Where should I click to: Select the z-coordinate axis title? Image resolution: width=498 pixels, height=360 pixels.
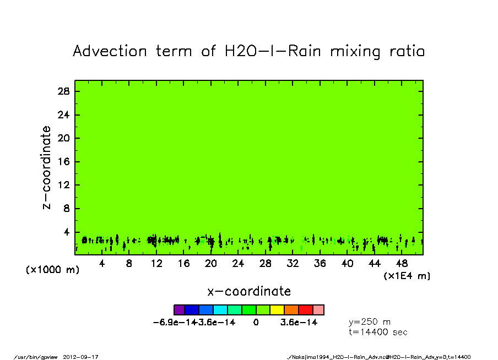click(x=47, y=167)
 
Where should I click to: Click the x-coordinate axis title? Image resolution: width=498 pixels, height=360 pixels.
click(x=249, y=291)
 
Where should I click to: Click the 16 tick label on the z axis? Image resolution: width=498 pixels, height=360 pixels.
click(x=63, y=162)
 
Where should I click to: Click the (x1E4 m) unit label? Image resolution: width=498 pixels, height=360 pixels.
click(x=407, y=276)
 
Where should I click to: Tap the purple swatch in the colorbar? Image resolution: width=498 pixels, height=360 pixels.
click(x=178, y=310)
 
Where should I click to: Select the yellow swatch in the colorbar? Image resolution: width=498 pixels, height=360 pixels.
click(x=277, y=310)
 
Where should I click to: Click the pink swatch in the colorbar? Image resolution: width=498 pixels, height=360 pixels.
click(x=319, y=310)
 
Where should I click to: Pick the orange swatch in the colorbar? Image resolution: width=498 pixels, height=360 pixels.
click(x=291, y=310)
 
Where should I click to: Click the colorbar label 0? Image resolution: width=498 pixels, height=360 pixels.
click(x=256, y=323)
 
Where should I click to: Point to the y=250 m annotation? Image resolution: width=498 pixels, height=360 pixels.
click(x=370, y=322)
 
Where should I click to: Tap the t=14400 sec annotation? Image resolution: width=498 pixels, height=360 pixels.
click(x=378, y=332)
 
